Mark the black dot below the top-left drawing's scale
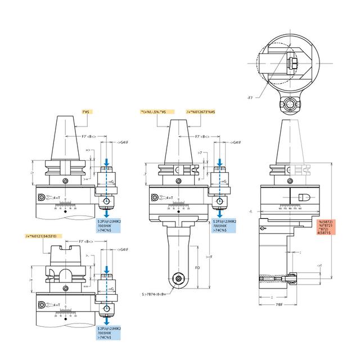(x=66, y=212)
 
